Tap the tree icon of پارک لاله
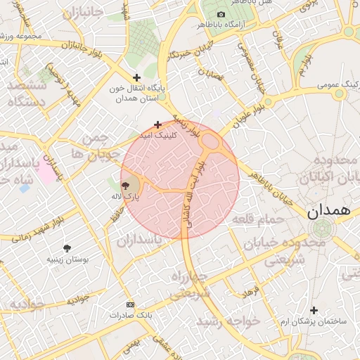pos(126,186)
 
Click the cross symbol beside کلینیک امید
pos(157,124)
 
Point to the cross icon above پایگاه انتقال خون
pos(136,77)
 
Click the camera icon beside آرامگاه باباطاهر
pos(221,15)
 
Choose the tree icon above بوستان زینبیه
pos(67,248)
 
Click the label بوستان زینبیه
pos(68,259)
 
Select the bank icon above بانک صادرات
pos(130,304)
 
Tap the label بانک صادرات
pos(130,315)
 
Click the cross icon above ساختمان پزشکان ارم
pos(314,310)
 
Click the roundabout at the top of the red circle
pos(210,142)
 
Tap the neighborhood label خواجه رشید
pos(228,320)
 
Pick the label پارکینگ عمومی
pos(335,84)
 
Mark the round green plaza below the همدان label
pos(323,229)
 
